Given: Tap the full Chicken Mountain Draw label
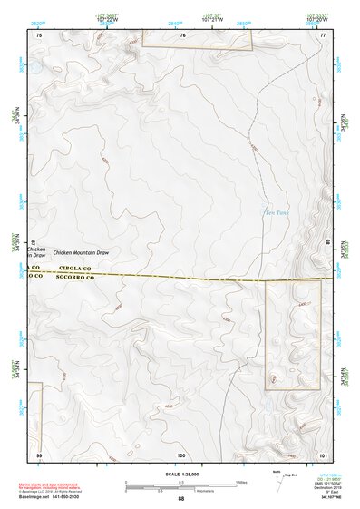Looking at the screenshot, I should pos(81,252).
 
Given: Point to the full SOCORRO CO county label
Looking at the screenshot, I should pos(77,277).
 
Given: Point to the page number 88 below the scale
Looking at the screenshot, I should pos(180,499).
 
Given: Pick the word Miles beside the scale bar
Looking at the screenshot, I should pos(240,481).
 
